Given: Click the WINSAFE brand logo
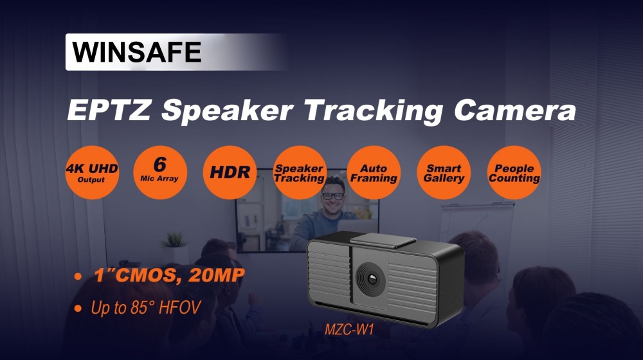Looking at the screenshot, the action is pos(136,51).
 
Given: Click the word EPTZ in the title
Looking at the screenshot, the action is pos(109,110).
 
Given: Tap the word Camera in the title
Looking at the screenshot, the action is pos(516,110).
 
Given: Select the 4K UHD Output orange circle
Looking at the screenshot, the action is pos(92,172).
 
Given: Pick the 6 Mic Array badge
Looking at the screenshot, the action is pos(160,172).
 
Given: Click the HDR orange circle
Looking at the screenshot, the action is pos(230,172).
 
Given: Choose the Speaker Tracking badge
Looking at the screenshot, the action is pos(300,172).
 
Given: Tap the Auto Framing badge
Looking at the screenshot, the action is pos(374,172).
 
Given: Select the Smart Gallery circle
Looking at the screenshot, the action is pos(444,172).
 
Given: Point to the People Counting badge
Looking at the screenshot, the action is pos(514,172).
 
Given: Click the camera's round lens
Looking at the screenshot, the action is pos(371,279).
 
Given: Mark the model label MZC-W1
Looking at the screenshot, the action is pos(349,329).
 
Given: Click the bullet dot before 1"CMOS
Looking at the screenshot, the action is pos(78,276).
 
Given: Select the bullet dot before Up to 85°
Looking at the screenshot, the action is pos(78,309).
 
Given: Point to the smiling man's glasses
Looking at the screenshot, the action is pos(333,197).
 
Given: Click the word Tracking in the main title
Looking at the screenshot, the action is pos(374,111).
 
